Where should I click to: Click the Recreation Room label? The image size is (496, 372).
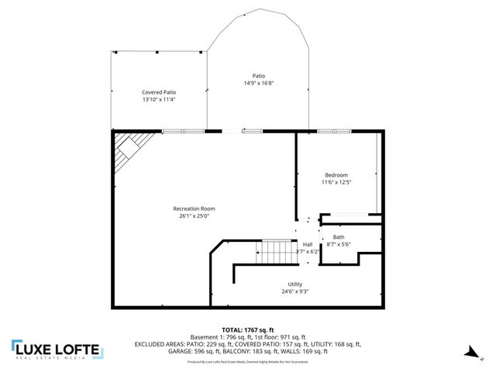(x=194, y=208)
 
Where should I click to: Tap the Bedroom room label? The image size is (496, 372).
(x=336, y=174)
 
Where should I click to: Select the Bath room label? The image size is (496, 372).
(x=339, y=236)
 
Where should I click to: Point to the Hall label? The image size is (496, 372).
(x=308, y=244)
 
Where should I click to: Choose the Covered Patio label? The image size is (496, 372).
(x=159, y=92)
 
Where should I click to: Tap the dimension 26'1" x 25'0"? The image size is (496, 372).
(x=194, y=215)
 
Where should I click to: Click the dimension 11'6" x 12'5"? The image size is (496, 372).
(x=336, y=182)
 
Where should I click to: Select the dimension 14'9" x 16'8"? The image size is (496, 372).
(x=259, y=82)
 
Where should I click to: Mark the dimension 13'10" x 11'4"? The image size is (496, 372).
(x=159, y=99)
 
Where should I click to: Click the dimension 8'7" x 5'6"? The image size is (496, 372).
(x=339, y=244)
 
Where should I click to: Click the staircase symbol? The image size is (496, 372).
(x=276, y=251)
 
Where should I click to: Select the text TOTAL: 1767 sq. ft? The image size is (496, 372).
(x=248, y=329)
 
